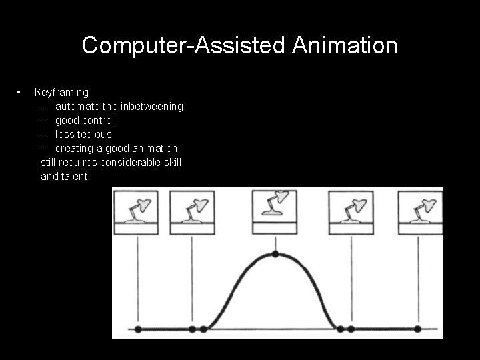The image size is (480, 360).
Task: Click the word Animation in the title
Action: pos(345,46)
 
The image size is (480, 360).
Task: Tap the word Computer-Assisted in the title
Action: pos(184,46)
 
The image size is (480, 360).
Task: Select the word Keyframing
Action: pos(61,92)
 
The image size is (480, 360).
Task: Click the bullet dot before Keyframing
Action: pos(21,91)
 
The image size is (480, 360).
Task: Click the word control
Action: pos(99,120)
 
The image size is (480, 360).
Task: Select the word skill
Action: pos(171,162)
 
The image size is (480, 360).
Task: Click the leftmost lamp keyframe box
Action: pos(137,213)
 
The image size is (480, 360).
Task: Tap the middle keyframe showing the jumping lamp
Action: pos(275,211)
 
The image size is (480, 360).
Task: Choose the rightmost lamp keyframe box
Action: pos(419,213)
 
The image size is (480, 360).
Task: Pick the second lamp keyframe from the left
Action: pos(192,213)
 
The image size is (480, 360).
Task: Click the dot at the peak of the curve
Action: pos(275,254)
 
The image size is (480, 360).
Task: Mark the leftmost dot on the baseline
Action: pos(138,329)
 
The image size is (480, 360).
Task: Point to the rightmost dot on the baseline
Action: pos(417,329)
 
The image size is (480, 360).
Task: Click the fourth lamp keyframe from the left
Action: pos(351,213)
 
